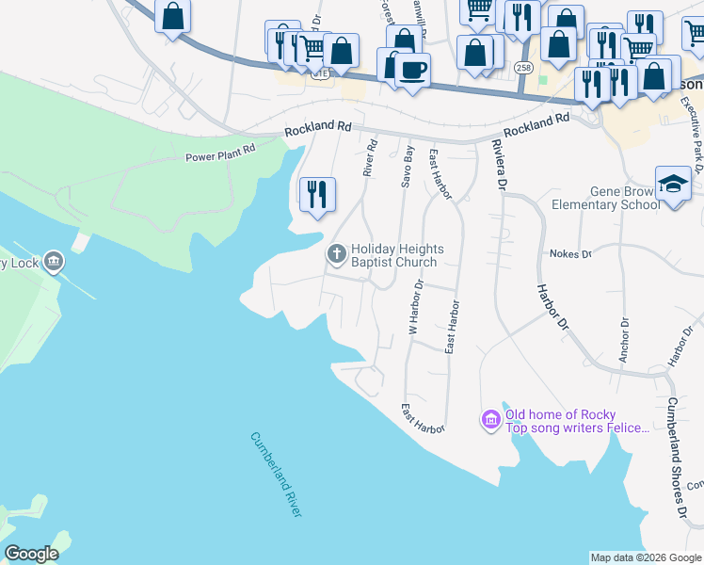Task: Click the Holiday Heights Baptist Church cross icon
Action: [x=336, y=253]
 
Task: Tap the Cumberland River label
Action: [x=277, y=474]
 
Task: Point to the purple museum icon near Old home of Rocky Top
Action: [x=490, y=419]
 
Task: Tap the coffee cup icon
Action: [x=412, y=70]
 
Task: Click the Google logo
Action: [x=31, y=554]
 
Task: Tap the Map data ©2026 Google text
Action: [x=645, y=557]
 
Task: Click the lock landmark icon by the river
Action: [x=54, y=261]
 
